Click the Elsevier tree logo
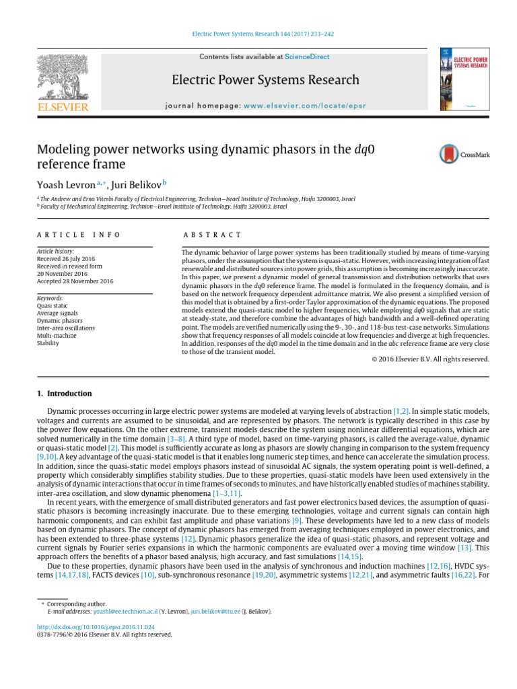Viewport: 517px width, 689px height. coord(62,77)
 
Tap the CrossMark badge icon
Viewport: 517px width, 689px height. coord(464,154)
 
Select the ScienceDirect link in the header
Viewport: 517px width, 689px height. coord(307,57)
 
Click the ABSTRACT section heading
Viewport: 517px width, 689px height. coord(212,235)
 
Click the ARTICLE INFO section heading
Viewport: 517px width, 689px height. coord(78,235)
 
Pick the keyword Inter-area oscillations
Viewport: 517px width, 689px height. coord(66,328)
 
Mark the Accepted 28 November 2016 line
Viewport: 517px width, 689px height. coord(72,281)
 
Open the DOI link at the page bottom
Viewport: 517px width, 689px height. coord(88,627)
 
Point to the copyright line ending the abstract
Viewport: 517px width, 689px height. coord(430,359)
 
